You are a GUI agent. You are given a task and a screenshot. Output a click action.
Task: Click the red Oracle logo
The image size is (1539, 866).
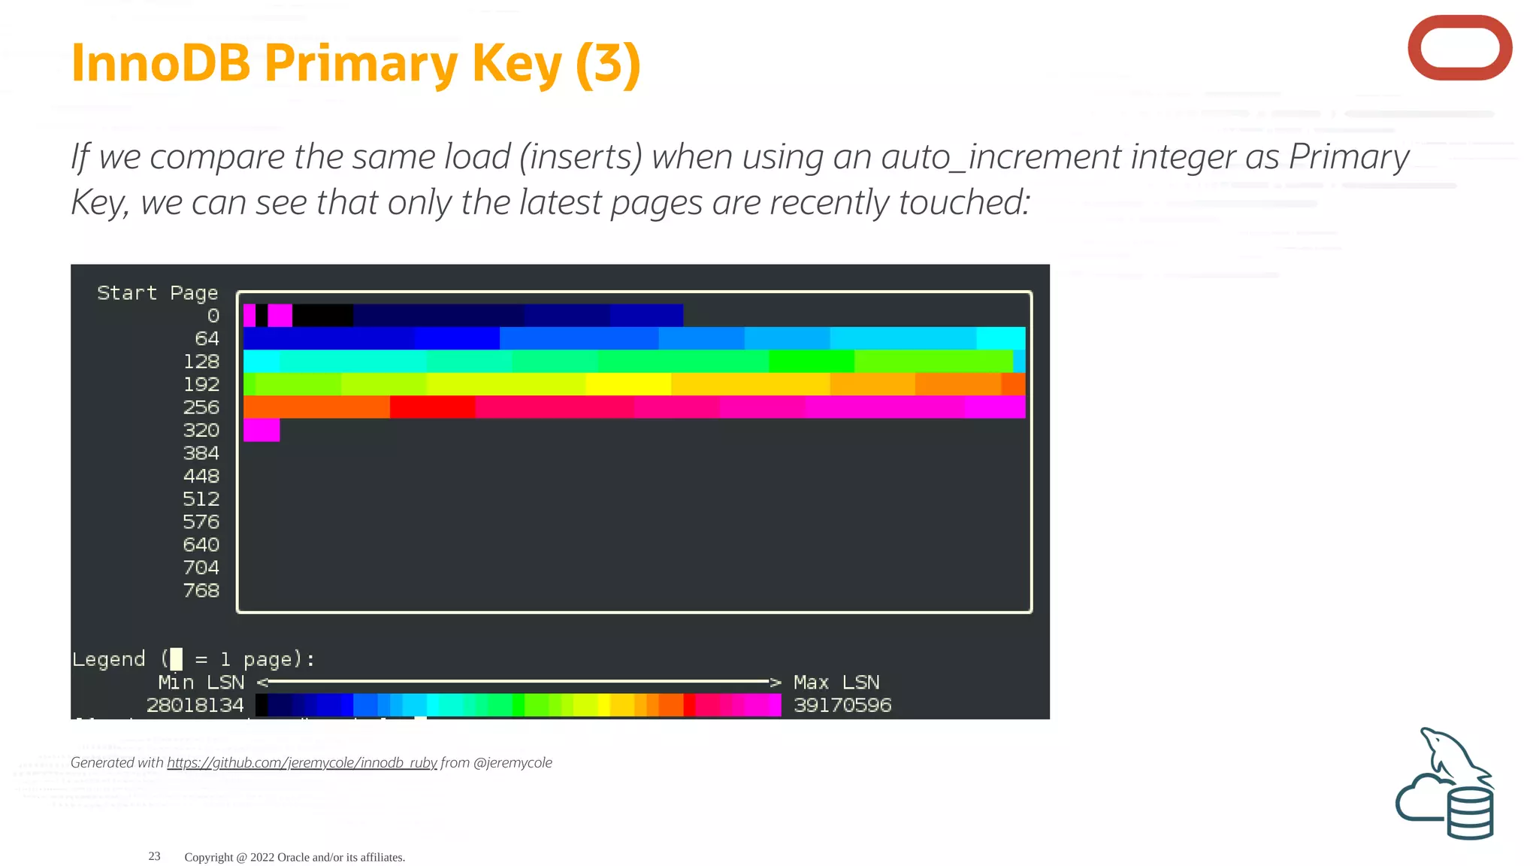(1459, 47)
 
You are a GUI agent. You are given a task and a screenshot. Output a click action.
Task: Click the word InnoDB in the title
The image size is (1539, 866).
(160, 63)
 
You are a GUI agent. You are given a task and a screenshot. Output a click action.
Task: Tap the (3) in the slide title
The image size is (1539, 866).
(607, 63)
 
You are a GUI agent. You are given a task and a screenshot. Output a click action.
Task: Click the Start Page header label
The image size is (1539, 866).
(157, 292)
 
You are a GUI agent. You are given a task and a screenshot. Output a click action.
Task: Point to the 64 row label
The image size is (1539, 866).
(207, 339)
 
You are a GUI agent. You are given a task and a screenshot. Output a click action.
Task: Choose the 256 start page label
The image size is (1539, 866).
(201, 407)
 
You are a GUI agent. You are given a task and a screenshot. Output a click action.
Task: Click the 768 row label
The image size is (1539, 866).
(201, 591)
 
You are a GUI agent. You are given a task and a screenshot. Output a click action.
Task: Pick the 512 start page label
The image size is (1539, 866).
(201, 499)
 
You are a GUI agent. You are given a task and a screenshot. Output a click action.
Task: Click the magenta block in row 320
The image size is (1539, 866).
(261, 430)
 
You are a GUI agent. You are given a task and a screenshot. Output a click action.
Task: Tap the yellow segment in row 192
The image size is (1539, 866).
(627, 384)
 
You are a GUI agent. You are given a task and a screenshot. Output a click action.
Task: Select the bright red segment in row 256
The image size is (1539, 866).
(432, 407)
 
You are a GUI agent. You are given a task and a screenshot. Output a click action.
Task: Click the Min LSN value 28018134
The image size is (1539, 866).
(195, 705)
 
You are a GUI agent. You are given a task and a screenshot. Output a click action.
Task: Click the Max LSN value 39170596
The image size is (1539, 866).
(842, 705)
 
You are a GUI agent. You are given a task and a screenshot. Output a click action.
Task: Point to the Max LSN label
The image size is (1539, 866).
(836, 683)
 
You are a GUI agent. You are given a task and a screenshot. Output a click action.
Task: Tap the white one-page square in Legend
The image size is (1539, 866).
(176, 659)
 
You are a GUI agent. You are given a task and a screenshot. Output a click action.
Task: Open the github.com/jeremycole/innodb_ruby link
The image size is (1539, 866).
(301, 762)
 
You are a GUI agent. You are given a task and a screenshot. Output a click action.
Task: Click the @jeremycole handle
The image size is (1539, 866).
(512, 762)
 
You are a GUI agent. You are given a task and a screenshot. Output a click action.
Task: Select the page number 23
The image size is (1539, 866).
(154, 856)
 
